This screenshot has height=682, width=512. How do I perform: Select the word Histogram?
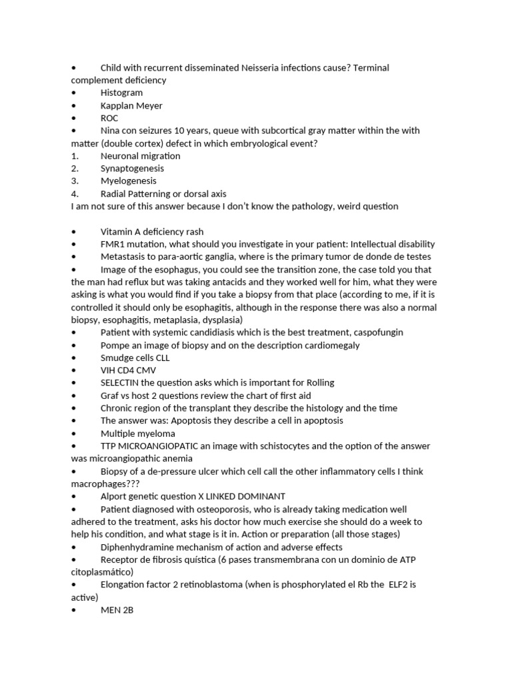click(121, 93)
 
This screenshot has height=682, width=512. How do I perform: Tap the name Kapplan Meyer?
click(131, 105)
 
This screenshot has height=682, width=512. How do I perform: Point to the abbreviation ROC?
click(109, 118)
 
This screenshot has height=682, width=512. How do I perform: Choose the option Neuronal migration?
click(140, 156)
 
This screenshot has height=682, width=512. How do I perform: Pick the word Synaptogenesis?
click(132, 169)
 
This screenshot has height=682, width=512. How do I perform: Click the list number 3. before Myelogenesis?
click(75, 181)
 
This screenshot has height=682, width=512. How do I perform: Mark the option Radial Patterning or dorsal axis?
click(163, 194)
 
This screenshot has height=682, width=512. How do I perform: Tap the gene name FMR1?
click(113, 244)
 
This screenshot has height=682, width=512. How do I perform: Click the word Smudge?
click(117, 358)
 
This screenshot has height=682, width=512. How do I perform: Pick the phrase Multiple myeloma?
click(137, 434)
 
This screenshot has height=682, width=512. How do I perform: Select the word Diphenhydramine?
click(137, 547)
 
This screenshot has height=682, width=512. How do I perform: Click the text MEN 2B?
click(117, 610)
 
